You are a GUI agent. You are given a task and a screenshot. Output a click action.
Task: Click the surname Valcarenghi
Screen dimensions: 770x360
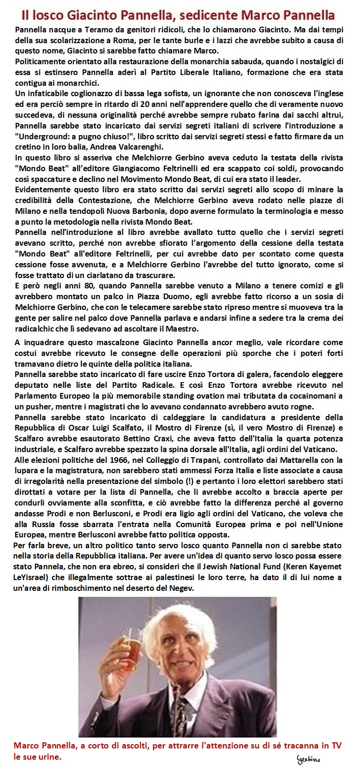click(x=140, y=147)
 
